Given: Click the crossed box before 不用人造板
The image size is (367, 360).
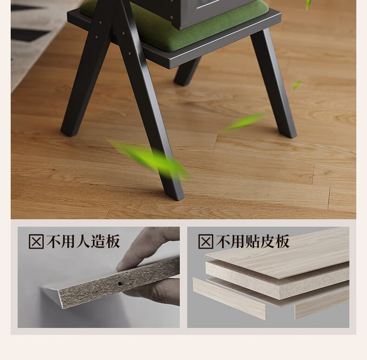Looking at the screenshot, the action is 36,242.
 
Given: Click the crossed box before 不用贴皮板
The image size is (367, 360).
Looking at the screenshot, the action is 206,242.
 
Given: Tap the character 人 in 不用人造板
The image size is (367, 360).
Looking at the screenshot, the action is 83,242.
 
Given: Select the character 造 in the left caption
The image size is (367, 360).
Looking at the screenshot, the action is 98,242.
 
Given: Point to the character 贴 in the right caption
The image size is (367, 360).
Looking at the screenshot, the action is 253,242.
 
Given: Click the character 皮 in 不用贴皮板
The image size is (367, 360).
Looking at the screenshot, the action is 267,242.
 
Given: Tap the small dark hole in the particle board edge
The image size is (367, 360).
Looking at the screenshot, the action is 120,284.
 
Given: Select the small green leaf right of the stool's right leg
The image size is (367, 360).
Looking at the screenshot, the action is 296,85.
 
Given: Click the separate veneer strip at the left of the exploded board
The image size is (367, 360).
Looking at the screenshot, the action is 229,298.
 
